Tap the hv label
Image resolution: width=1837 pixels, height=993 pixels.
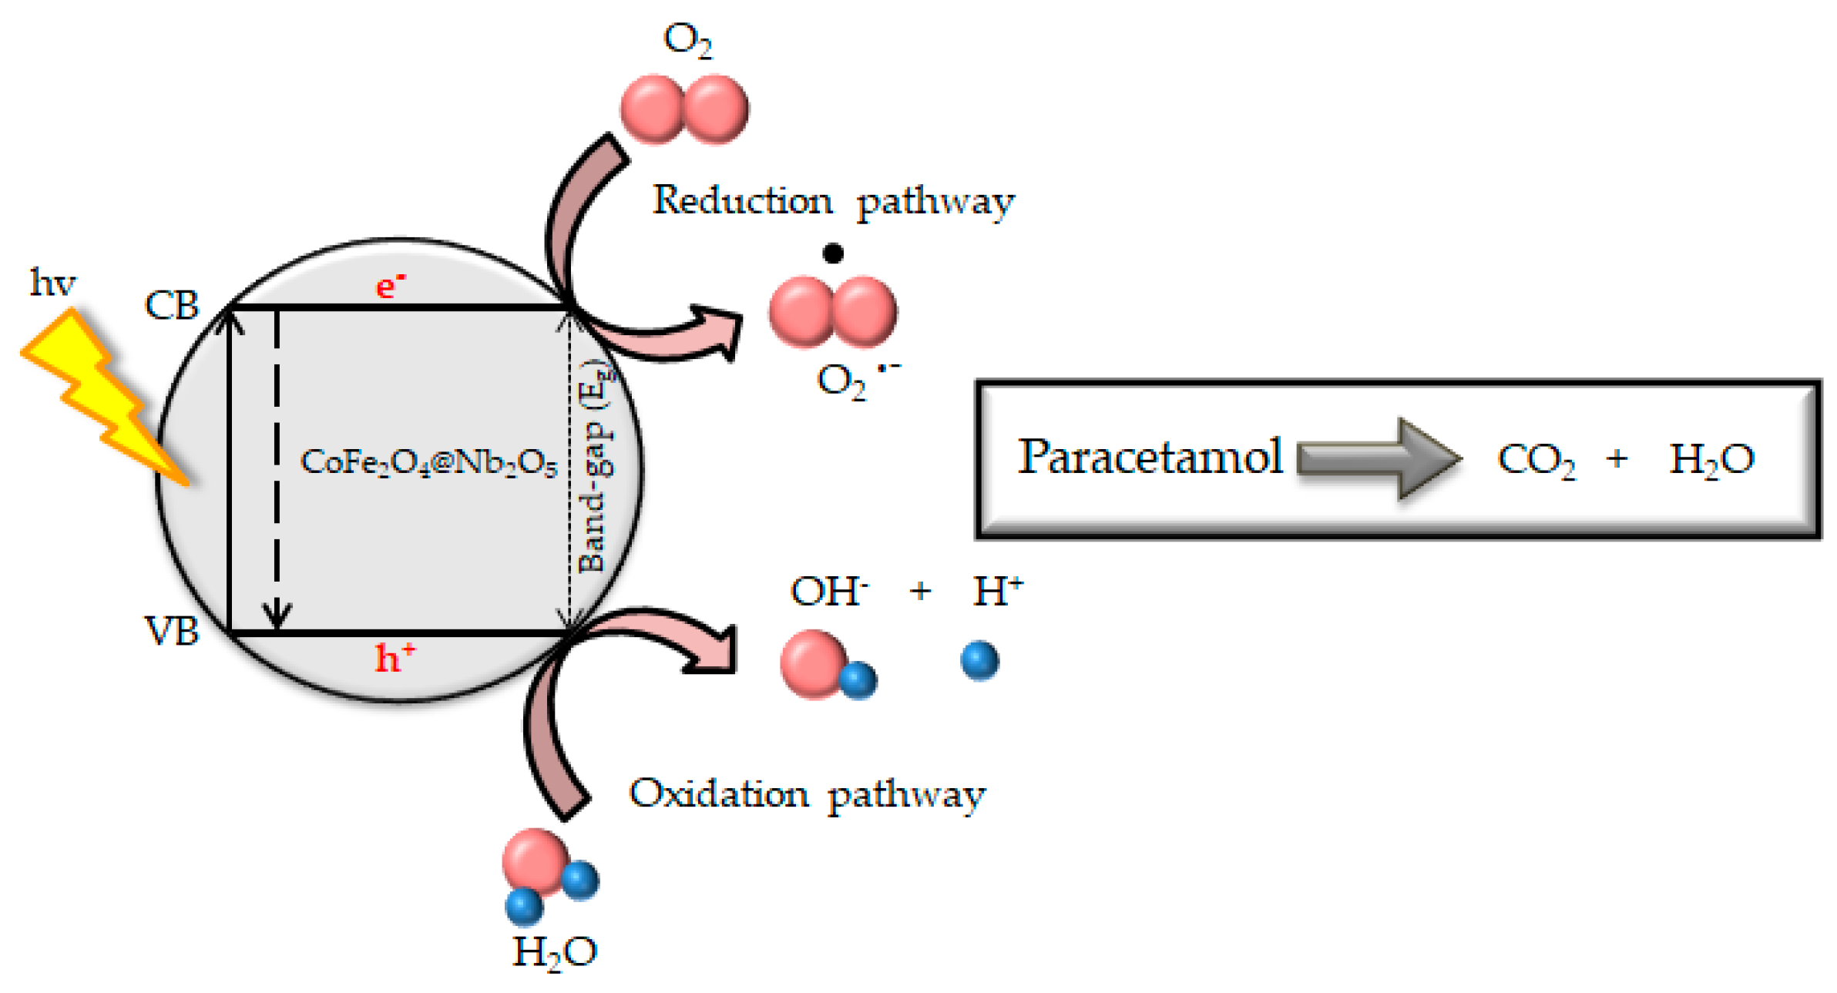coord(52,283)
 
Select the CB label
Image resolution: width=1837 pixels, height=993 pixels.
coord(172,306)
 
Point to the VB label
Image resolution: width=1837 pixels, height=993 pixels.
coord(172,631)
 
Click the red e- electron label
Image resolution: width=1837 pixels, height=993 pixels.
coord(390,286)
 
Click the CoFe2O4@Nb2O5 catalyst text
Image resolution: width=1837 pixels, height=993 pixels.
coord(428,462)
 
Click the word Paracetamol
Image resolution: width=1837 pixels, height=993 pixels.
coord(1150,456)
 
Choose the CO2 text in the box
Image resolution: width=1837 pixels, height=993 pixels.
coord(1535,460)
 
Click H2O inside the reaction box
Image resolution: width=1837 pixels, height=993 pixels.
coord(1711,460)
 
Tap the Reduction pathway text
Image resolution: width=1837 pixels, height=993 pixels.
coord(833,201)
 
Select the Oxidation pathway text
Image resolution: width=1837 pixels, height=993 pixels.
coord(807,793)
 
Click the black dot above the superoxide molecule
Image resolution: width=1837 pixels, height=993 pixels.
coord(832,253)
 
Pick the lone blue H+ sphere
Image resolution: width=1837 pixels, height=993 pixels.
coord(979,660)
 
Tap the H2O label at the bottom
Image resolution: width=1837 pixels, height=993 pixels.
coord(554,952)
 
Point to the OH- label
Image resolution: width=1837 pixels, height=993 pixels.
coord(828,592)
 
